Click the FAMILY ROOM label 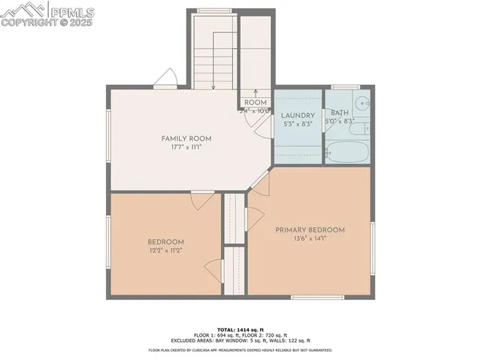pyautogui.click(x=186, y=138)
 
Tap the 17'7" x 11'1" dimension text pyautogui.click(x=186, y=147)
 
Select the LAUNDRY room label pyautogui.click(x=297, y=115)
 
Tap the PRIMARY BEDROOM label pyautogui.click(x=310, y=230)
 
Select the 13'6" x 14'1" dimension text pyautogui.click(x=310, y=239)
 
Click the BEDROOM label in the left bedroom pyautogui.click(x=165, y=241)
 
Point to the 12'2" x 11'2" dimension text pyautogui.click(x=165, y=250)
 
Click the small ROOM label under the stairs pyautogui.click(x=256, y=102)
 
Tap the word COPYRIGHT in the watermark pyautogui.click(x=32, y=23)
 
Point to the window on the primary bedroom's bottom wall pyautogui.click(x=314, y=297)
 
